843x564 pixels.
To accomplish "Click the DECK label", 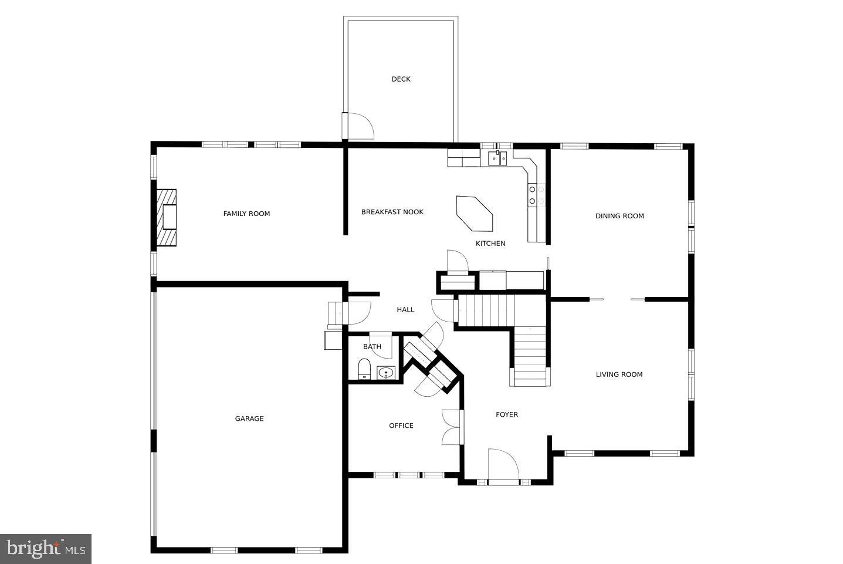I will coord(401,79).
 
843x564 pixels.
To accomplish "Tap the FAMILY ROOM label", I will coord(246,214).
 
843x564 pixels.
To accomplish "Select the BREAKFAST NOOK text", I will coord(392,212).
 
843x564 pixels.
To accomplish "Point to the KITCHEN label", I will coord(490,244).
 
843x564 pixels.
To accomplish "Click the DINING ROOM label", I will coord(619,216).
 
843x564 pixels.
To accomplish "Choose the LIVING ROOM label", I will coord(619,374).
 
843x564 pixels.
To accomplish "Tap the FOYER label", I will coord(507,415).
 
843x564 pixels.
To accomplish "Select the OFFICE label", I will coord(401,425).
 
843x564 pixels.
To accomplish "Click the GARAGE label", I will coord(249,418).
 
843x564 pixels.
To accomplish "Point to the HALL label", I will coord(405,310).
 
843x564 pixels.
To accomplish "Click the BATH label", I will coord(372,347).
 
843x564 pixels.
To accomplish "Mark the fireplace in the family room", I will coord(167,218).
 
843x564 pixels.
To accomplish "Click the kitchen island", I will coord(475,213).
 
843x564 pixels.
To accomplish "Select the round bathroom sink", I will coord(386,372).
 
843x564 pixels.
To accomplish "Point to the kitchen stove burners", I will coord(536,195).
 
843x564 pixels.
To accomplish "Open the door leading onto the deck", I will coord(358,126).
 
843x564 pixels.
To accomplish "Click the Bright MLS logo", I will coord(46,549).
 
